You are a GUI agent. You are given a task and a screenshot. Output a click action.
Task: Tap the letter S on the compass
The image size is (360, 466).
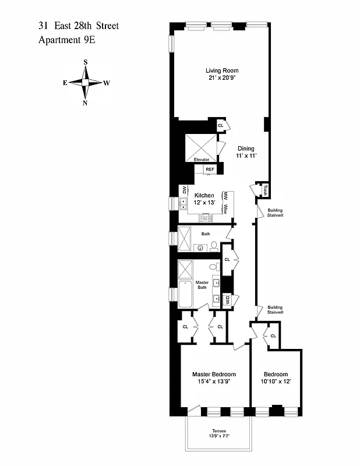point(86,62)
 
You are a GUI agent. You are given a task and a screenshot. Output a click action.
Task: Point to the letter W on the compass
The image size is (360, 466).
point(107,83)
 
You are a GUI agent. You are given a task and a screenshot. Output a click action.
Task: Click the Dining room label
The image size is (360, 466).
point(246,149)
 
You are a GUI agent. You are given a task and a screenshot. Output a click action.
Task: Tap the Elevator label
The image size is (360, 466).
point(202,160)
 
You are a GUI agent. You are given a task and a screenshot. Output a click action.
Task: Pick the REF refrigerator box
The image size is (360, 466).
point(210,170)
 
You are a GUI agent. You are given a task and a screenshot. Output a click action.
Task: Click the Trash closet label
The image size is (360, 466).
point(264,190)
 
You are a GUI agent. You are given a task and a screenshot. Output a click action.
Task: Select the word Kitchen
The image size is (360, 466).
point(204,195)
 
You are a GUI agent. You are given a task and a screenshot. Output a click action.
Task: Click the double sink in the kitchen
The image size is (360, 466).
point(183,203)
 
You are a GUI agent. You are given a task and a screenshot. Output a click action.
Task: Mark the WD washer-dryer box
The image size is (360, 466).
point(183,189)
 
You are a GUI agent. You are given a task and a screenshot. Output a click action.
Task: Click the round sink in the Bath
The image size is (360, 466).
point(202,248)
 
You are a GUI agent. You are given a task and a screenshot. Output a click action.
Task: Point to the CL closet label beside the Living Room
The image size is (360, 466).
point(221,125)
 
